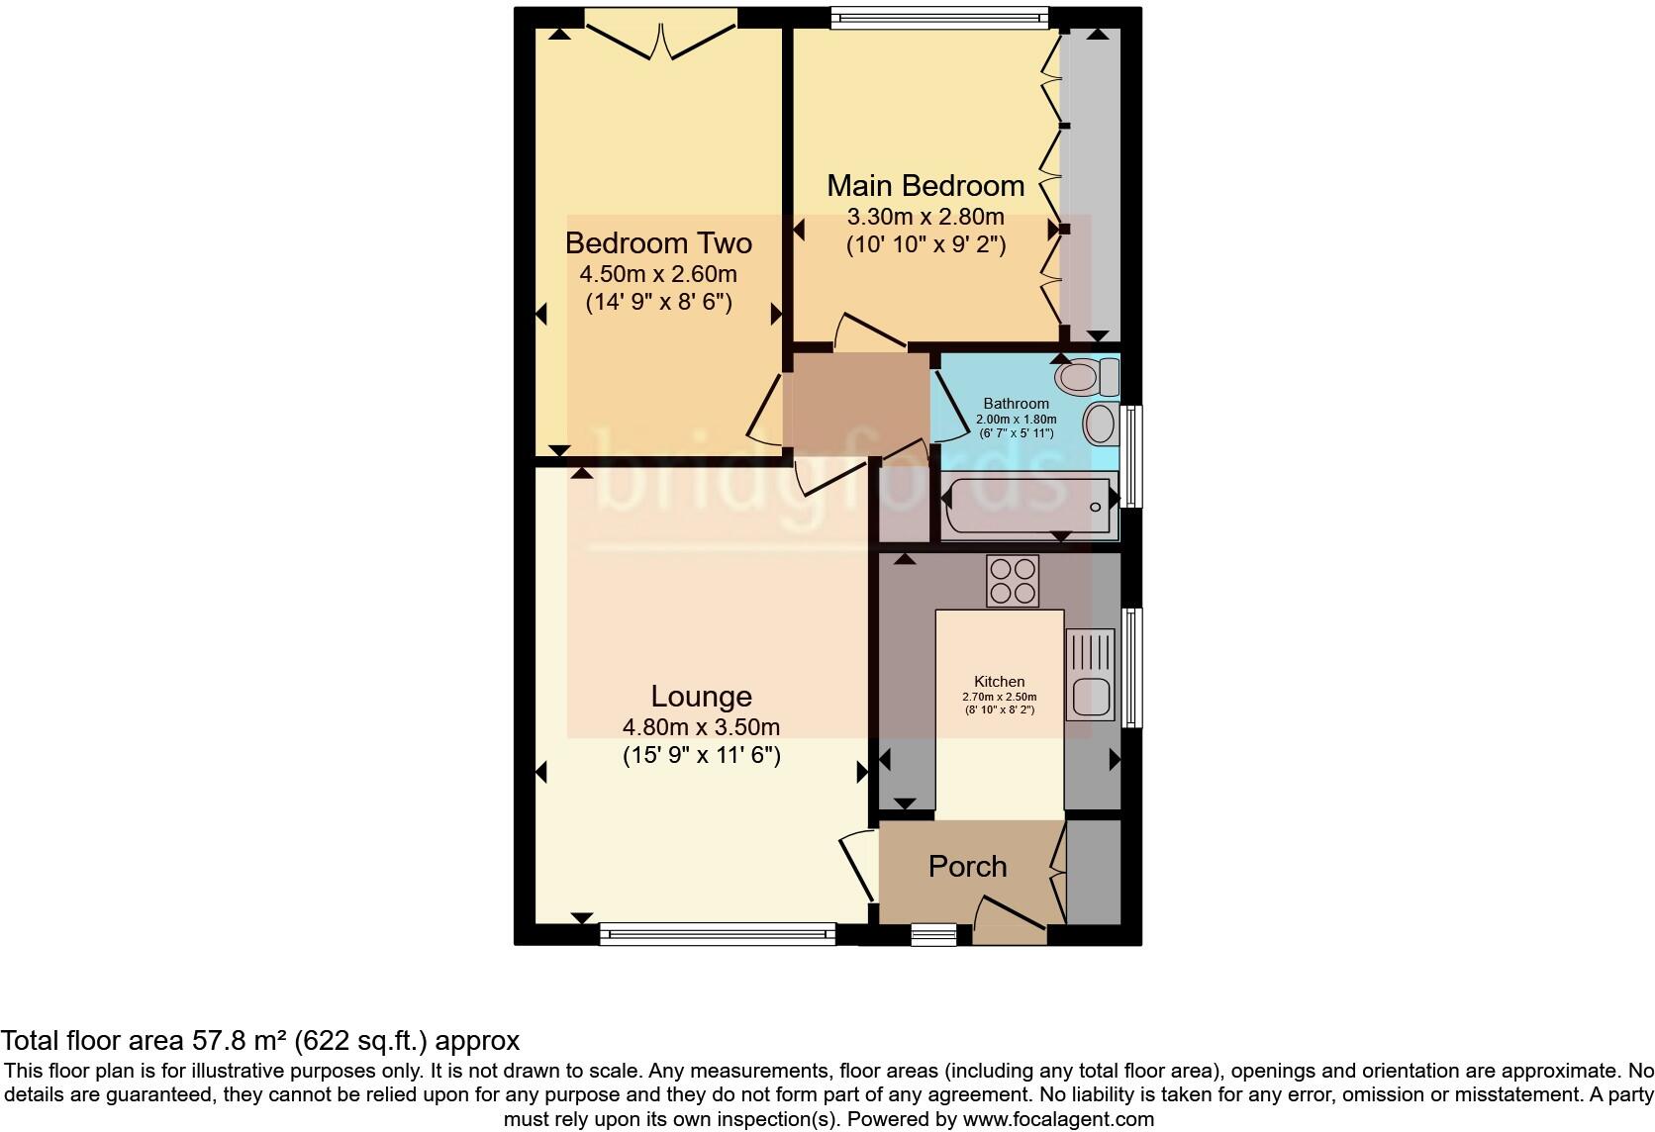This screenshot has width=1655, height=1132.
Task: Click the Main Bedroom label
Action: pyautogui.click(x=925, y=186)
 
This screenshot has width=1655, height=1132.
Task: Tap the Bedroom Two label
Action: pyautogui.click(x=658, y=243)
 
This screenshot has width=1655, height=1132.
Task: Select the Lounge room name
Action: pyautogui.click(x=701, y=697)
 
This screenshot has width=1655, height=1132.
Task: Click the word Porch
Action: pyautogui.click(x=967, y=867)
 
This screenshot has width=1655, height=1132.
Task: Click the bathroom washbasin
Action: pyautogui.click(x=1101, y=424)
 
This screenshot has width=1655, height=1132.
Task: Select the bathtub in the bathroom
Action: pyautogui.click(x=1028, y=506)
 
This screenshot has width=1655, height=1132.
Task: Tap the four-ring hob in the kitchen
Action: pyautogui.click(x=1013, y=580)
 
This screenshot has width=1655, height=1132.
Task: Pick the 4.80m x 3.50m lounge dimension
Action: pyautogui.click(x=701, y=727)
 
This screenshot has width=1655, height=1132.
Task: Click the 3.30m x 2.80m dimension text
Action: pyautogui.click(x=925, y=217)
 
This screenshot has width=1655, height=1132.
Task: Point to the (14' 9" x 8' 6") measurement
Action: pyautogui.click(x=658, y=302)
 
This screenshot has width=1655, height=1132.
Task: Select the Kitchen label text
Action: pyautogui.click(x=1000, y=682)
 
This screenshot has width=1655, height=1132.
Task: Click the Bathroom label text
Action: pyautogui.click(x=1016, y=404)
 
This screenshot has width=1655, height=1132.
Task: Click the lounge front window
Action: pyautogui.click(x=718, y=931)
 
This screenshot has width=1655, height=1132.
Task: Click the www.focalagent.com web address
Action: pyautogui.click(x=1058, y=1120)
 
